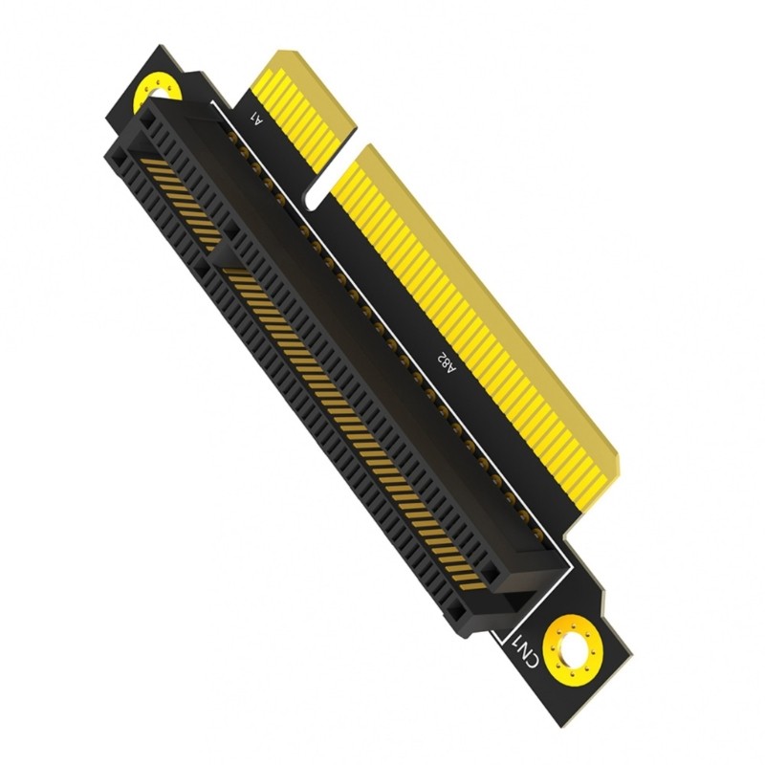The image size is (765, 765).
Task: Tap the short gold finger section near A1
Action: click(304, 105)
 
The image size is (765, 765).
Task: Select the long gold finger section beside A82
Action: click(488, 316)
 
